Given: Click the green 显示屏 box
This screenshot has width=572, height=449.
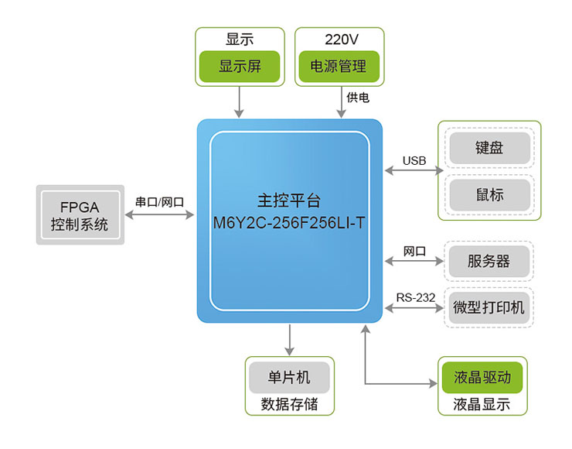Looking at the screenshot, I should pos(240,67).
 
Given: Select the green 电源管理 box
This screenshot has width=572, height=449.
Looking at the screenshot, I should pos(338,67).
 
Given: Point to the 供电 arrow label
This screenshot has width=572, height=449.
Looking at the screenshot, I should pos(358,98).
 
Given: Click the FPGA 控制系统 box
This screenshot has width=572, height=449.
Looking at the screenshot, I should pos(80,215).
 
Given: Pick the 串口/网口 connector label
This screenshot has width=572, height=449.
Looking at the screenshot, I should pos(159,201).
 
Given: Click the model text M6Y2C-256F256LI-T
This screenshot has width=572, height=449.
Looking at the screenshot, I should pos(288,222).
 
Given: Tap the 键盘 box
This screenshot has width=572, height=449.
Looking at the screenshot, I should pos(489,147).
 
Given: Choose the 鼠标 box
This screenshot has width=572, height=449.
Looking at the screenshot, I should pos(489,194).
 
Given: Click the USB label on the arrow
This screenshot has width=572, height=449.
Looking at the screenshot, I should pos(414,160).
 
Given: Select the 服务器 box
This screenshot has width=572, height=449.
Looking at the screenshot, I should pos(489,261).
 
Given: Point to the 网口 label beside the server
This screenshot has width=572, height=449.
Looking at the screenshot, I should pos(414,252).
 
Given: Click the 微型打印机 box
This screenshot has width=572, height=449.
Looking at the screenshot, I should pos(489,307).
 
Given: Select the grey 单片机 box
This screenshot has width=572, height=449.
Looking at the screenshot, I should pos(289,378).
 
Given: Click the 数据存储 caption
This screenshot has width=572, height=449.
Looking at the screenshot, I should pos(289,404).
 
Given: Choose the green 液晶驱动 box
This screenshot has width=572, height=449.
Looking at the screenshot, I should pos(482,378).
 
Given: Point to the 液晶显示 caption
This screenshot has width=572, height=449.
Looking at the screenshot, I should pos(482,404).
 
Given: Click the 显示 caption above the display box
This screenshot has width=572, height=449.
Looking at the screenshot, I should pos(240,39).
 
